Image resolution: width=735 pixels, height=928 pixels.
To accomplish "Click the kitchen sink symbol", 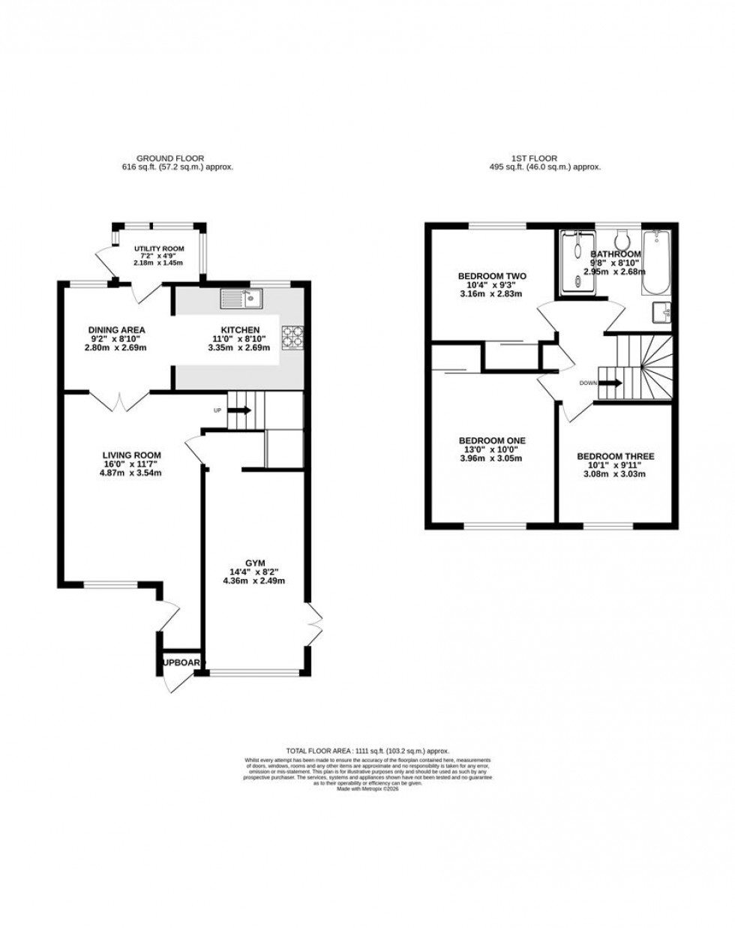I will (239, 299).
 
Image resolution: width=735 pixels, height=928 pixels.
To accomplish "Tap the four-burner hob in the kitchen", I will (292, 337).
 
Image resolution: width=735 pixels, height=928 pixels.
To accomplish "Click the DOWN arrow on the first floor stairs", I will (611, 383).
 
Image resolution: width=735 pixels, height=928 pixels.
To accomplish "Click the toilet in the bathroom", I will (620, 239).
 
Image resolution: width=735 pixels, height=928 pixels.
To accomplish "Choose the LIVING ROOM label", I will (132, 455).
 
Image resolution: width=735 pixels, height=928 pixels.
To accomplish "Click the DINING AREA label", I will (116, 330).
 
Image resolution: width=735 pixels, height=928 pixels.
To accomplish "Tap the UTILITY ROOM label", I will (159, 248).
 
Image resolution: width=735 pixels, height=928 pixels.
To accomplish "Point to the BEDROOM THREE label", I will (616, 456).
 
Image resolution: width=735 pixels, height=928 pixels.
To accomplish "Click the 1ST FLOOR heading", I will (544, 158).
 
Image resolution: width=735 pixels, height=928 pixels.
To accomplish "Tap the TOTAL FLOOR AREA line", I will (367, 750).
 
